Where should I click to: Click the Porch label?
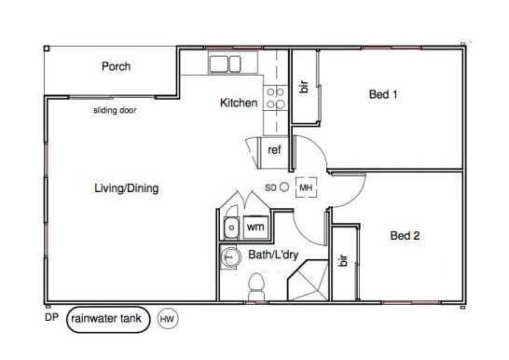coord(116,66)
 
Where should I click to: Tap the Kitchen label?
coord(239,103)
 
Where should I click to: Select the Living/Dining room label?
coord(126,188)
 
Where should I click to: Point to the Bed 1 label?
coord(383,94)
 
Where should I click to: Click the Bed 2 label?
coord(405,235)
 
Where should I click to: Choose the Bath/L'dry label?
coord(273,255)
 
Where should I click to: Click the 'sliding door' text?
coord(115,110)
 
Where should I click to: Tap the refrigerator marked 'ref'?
coord(273,152)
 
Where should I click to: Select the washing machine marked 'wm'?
coord(255,227)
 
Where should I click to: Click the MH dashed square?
coord(306,177)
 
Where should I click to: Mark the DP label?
coord(51,317)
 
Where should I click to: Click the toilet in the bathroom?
coord(256,286)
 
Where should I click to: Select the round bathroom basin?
coord(230,257)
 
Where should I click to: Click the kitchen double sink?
coord(225,64)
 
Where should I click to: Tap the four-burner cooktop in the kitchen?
coord(276,98)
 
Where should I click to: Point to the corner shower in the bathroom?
coord(308,280)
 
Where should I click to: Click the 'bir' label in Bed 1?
coord(304,87)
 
